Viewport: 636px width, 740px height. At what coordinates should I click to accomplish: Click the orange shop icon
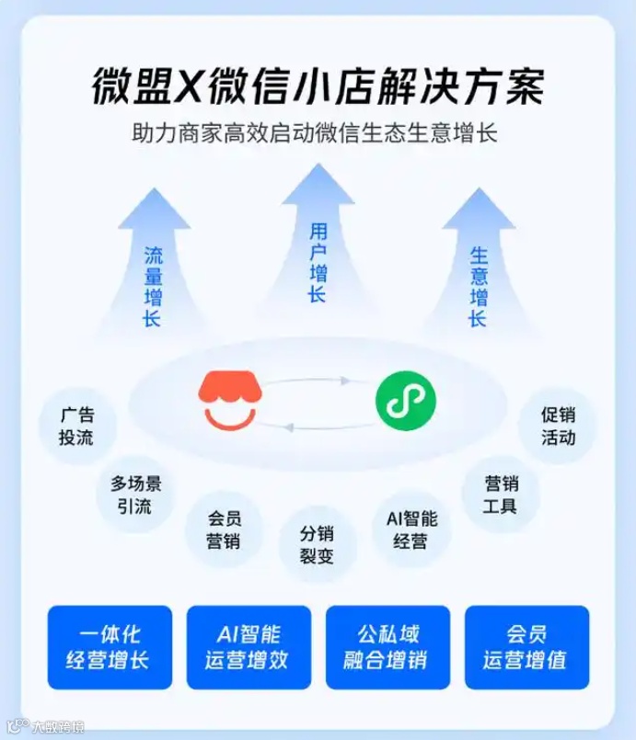click(230, 400)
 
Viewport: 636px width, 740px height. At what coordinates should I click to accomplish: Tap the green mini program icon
click(405, 401)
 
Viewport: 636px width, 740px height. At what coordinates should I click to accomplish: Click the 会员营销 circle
click(224, 529)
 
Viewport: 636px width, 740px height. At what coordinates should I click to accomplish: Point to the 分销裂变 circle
click(317, 544)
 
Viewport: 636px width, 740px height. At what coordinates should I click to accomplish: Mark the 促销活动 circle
click(558, 426)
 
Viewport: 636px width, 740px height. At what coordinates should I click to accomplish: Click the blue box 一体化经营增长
click(110, 647)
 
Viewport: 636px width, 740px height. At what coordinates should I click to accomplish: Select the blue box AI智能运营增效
click(249, 647)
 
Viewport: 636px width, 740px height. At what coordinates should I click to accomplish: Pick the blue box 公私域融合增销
click(387, 647)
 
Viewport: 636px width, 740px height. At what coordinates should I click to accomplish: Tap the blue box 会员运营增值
click(526, 647)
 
